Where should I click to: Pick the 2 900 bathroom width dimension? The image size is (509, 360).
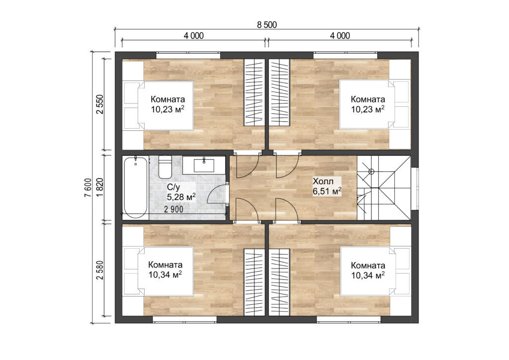click(173, 209)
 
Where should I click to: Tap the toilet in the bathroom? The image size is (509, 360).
click(166, 168)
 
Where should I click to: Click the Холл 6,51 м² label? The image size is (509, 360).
click(327, 185)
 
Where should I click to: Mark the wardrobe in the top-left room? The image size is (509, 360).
click(254, 92)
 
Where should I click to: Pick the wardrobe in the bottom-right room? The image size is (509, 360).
click(279, 281)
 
